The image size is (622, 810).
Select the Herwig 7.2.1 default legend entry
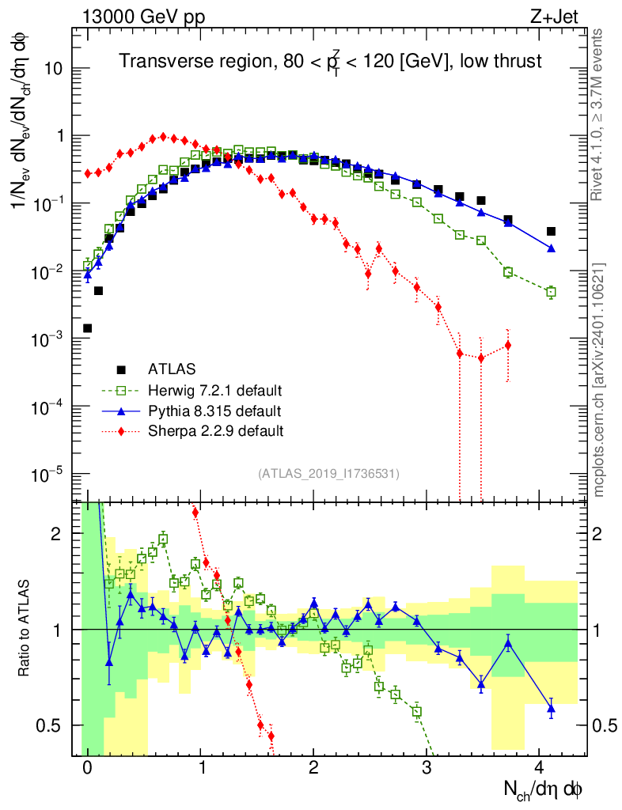(x=215, y=391)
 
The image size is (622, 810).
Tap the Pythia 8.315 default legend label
(x=214, y=411)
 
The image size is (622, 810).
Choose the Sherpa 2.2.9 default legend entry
(x=215, y=432)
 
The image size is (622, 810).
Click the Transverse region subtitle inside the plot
(x=330, y=62)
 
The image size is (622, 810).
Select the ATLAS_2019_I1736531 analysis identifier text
(x=328, y=474)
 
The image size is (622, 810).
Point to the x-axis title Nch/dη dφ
(x=542, y=788)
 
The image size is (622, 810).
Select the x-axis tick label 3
(x=427, y=767)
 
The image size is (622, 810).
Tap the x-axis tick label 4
(x=540, y=767)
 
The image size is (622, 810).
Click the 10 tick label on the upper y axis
(x=58, y=68)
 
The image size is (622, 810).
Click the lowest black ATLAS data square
(x=87, y=327)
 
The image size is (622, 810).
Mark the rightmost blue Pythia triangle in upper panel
(x=552, y=248)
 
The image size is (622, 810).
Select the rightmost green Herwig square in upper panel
(x=552, y=292)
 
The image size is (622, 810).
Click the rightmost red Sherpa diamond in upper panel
(x=508, y=345)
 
